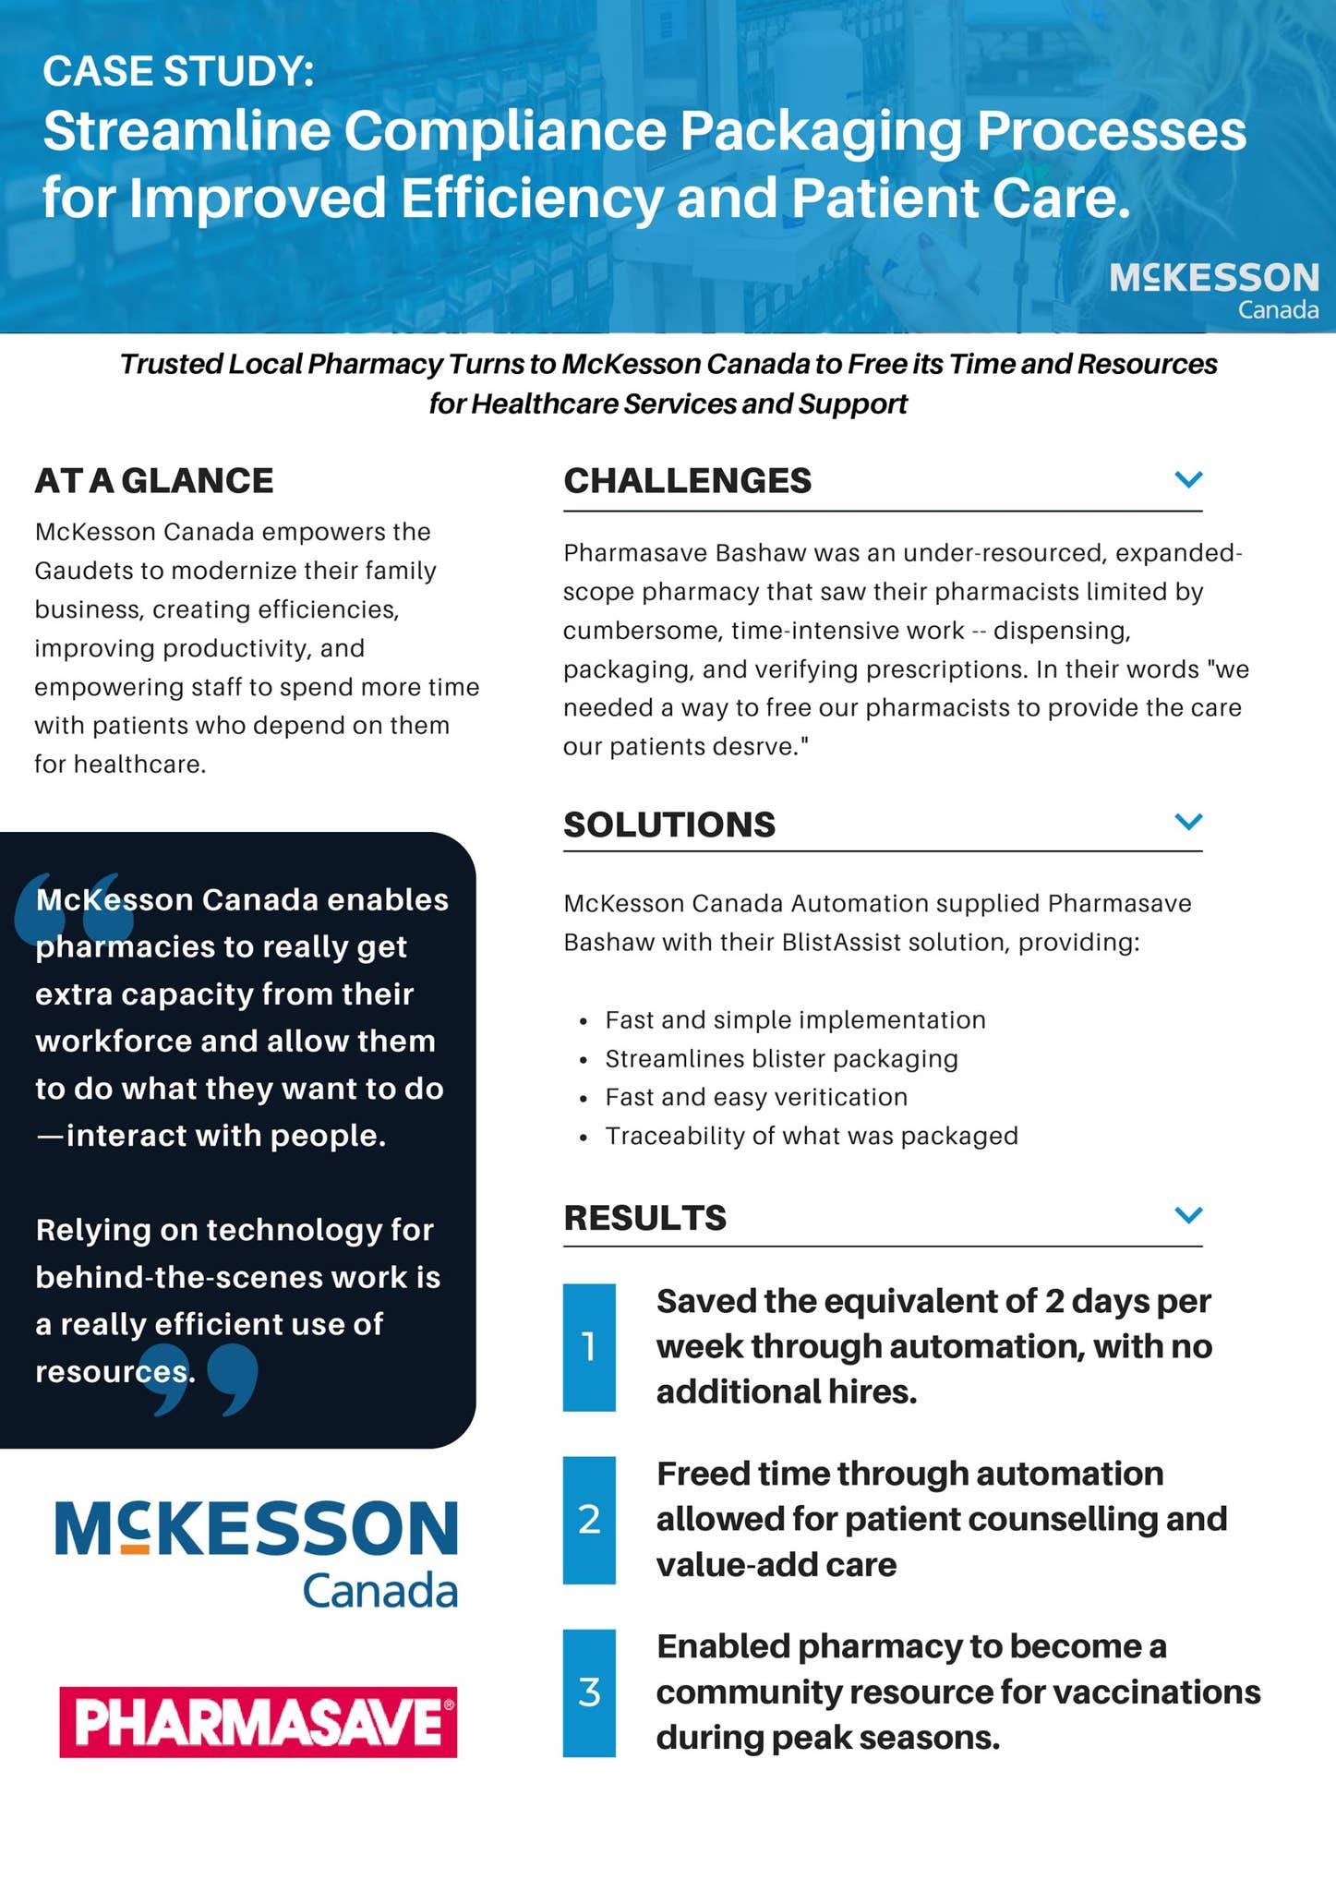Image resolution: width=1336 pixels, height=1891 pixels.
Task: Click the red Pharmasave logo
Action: click(258, 1721)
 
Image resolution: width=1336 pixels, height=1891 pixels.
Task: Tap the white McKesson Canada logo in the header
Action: click(1213, 289)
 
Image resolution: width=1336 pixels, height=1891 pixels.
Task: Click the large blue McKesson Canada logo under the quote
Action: click(257, 1553)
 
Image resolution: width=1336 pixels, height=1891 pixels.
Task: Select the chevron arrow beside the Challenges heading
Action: click(1188, 479)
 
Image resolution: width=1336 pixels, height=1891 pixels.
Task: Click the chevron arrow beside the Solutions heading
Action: click(1188, 821)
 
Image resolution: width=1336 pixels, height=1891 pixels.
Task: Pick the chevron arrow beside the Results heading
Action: click(1188, 1214)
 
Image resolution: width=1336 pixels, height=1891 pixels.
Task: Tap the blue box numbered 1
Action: click(589, 1347)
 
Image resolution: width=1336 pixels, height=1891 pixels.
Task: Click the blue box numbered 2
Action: click(589, 1520)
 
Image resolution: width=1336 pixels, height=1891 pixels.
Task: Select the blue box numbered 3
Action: click(589, 1692)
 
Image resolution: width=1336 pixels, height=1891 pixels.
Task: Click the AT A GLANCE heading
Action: click(154, 481)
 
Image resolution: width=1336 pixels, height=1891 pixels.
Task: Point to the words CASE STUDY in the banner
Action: click(178, 72)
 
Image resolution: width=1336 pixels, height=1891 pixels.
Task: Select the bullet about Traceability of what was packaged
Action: click(811, 1136)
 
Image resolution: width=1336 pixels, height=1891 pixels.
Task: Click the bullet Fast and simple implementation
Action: click(795, 1019)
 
